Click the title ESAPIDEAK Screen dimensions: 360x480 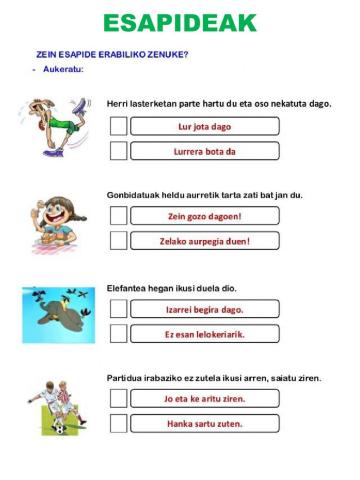[x=180, y=23]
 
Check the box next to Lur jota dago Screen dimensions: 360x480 [x=118, y=127]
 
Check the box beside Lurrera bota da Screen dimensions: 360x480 [x=118, y=151]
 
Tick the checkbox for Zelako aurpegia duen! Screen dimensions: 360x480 [x=118, y=241]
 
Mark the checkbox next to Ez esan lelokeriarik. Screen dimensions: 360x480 [x=118, y=334]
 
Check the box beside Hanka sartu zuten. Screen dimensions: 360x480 [x=118, y=424]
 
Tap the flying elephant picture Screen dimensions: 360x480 [x=58, y=313]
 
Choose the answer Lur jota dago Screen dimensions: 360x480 [x=204, y=127]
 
